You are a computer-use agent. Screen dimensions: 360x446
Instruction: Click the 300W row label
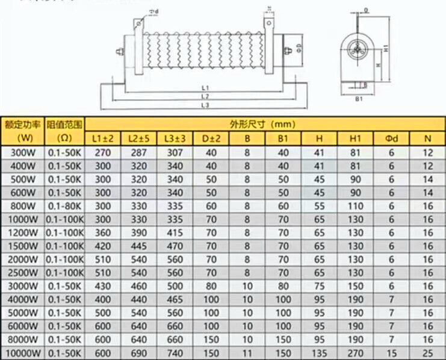[22, 152]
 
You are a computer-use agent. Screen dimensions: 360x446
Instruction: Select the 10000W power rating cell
[22, 353]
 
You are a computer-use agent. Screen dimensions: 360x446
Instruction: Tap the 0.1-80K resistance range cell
[64, 206]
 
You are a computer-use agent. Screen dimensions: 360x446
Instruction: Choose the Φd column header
[391, 138]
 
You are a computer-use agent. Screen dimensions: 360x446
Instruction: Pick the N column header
[427, 138]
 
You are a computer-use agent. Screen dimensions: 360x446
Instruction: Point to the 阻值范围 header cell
[64, 125]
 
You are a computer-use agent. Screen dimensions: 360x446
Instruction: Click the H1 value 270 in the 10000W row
[355, 353]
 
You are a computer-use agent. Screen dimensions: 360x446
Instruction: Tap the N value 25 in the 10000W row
[427, 353]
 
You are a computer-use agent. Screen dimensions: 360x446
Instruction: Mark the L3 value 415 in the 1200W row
[175, 232]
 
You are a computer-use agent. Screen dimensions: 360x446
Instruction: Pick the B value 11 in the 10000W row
[247, 353]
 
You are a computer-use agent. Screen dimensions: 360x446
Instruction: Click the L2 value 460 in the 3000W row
[138, 286]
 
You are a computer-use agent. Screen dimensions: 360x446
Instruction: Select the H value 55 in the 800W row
[319, 206]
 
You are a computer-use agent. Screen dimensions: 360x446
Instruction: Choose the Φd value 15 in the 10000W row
[391, 353]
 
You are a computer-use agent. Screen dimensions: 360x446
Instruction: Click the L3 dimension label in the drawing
[205, 105]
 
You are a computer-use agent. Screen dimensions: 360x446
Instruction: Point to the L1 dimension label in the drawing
[205, 88]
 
